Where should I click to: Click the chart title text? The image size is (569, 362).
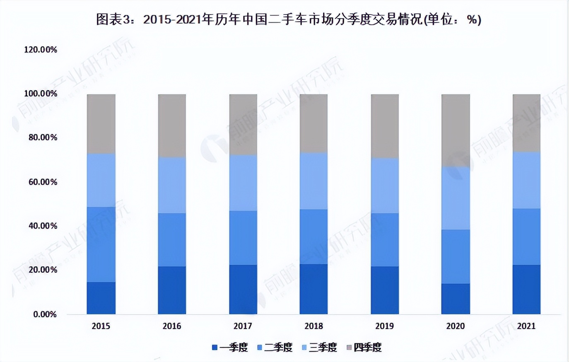click(289, 19)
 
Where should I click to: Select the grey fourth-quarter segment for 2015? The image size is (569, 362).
click(101, 124)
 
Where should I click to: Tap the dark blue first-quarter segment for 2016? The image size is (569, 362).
click(172, 290)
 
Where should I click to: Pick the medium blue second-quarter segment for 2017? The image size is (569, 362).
click(243, 238)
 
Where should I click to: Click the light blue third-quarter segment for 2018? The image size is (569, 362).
click(313, 181)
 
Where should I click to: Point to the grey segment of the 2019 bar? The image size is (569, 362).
click(385, 126)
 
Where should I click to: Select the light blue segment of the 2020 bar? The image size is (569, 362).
click(456, 198)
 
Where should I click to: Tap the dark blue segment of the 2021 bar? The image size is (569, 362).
click(526, 289)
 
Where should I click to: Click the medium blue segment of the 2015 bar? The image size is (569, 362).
click(101, 244)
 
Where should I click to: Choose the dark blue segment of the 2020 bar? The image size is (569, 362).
click(456, 299)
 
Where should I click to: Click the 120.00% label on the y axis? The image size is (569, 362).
click(41, 50)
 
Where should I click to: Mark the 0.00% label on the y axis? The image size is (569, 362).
click(45, 314)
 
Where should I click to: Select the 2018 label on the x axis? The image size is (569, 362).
click(313, 326)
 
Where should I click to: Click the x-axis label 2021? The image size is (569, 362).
click(526, 326)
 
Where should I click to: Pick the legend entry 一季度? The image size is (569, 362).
click(230, 348)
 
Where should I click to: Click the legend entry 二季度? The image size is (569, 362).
click(275, 348)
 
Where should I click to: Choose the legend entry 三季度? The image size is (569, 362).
click(319, 348)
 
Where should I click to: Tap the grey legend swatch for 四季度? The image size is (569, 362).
click(349, 348)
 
